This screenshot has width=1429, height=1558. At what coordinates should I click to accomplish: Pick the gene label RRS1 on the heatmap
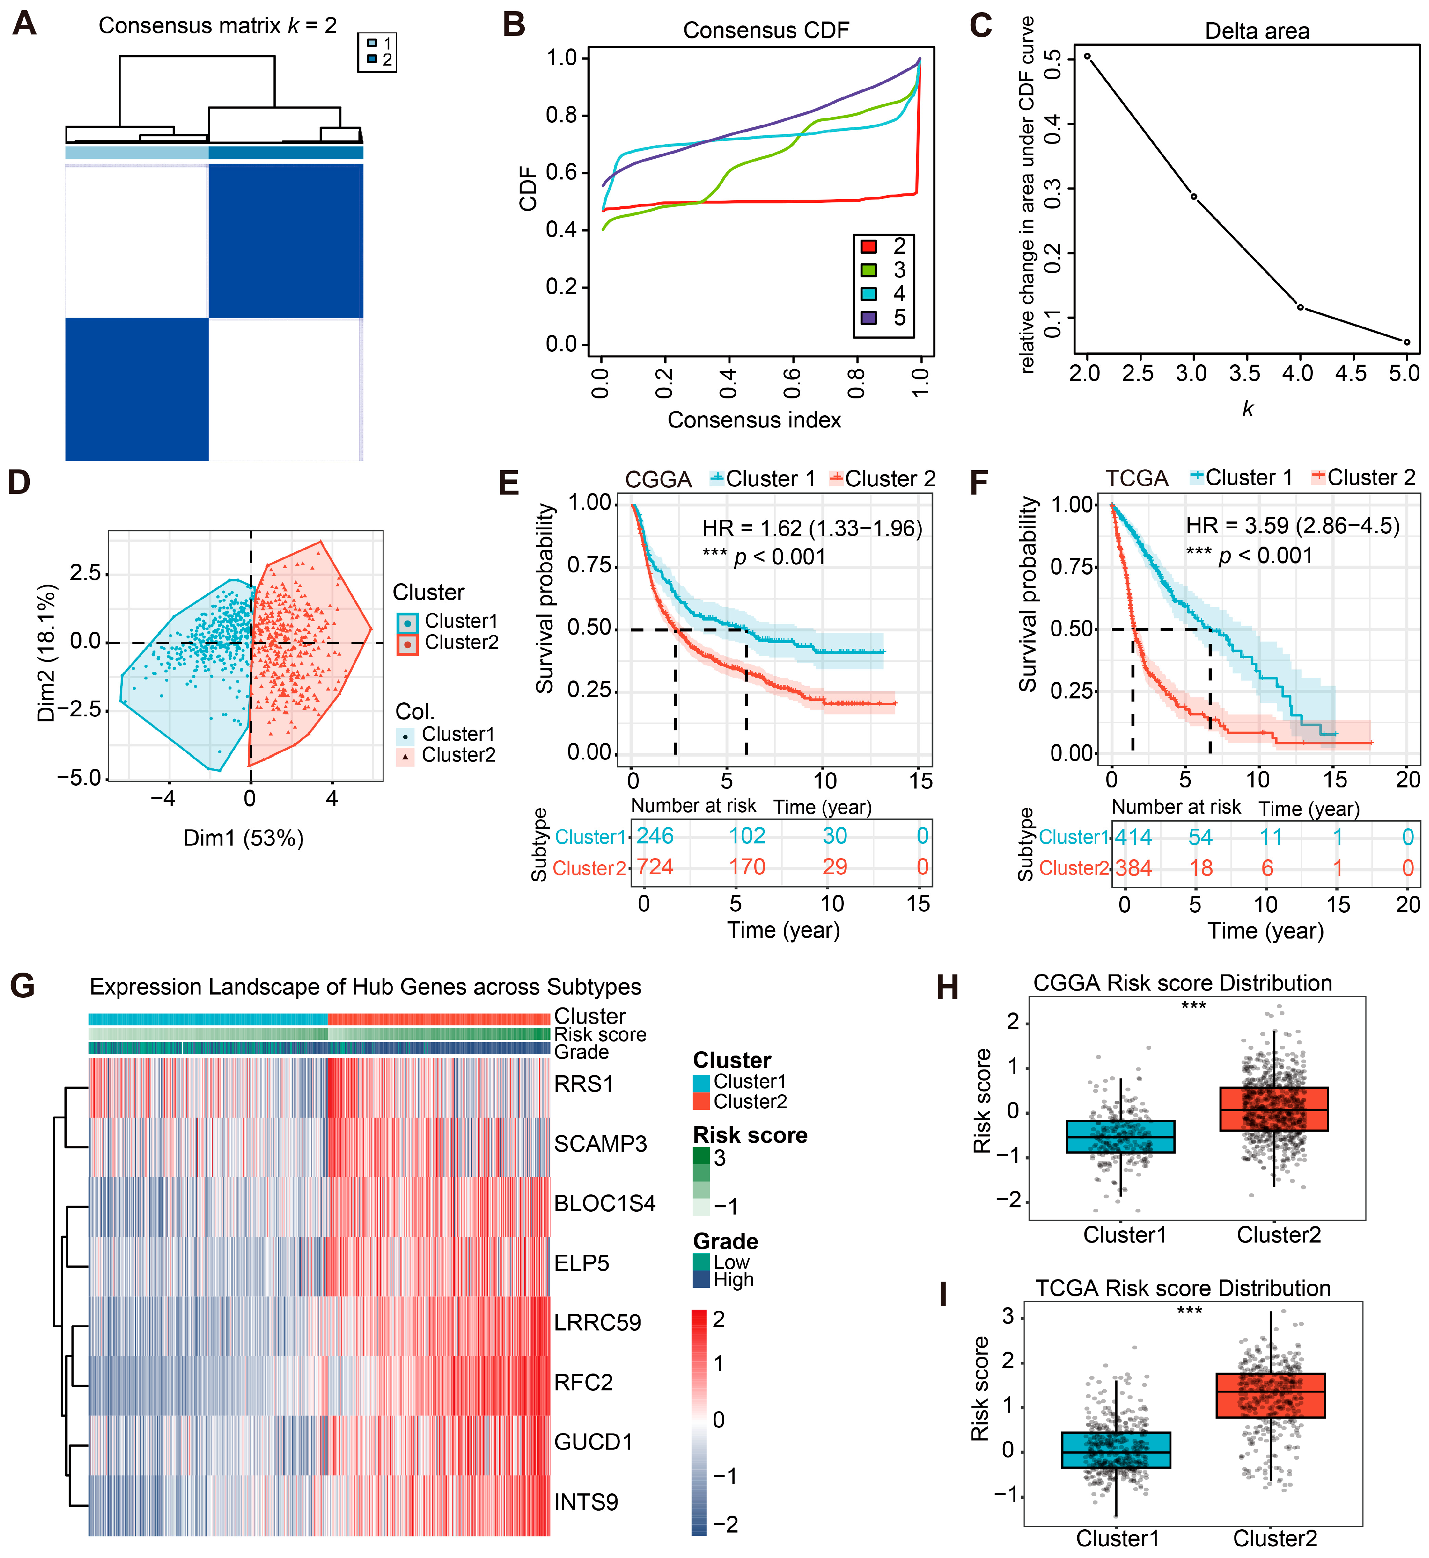[x=584, y=1084]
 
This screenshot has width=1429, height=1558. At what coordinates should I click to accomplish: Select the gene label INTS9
[x=586, y=1502]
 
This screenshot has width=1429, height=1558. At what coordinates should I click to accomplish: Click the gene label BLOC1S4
[x=605, y=1204]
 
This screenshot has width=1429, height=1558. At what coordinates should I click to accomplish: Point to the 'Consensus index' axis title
[x=754, y=420]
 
